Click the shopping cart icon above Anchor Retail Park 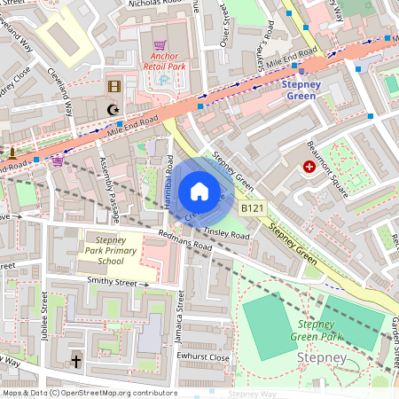tap(160, 44)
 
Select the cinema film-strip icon tap(113, 86)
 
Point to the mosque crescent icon tap(112, 110)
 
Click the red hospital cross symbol tap(309, 166)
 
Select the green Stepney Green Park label tap(320, 331)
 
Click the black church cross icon tap(76, 362)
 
